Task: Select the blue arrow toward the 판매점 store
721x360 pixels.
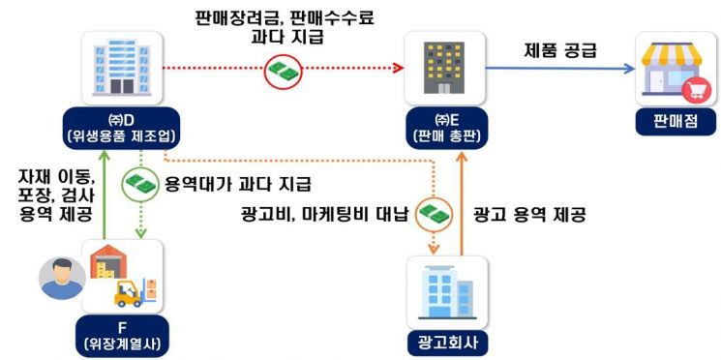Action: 562,69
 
